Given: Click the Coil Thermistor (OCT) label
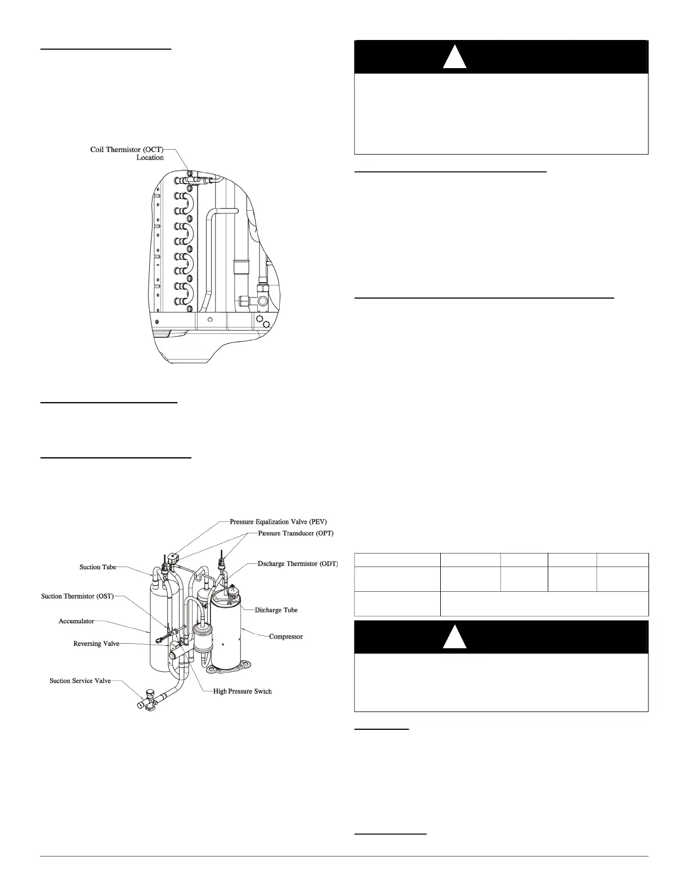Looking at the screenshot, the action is [x=127, y=149].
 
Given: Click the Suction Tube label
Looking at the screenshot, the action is [x=97, y=567].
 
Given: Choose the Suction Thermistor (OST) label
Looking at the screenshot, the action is [x=78, y=596].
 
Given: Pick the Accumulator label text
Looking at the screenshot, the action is [x=76, y=621].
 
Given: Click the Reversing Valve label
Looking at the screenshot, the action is [x=96, y=643].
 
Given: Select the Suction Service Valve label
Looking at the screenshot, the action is [x=80, y=681].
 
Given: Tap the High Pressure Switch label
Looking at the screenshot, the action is [x=242, y=691].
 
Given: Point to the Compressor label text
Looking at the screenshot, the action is [x=286, y=636].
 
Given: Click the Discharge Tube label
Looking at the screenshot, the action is [x=276, y=610].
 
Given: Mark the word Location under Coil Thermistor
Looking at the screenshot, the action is [x=150, y=158].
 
